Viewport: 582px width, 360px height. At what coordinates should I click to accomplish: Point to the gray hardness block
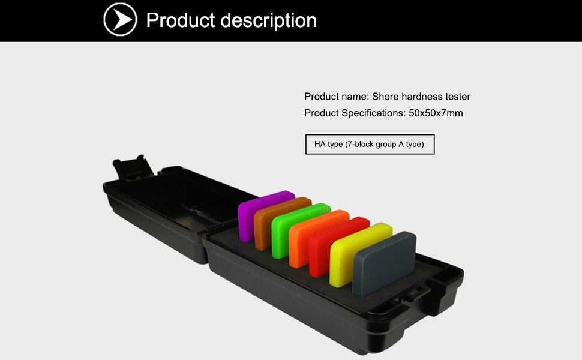[384, 263]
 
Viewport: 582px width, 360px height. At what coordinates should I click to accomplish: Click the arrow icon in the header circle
[122, 20]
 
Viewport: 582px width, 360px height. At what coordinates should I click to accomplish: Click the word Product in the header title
[181, 20]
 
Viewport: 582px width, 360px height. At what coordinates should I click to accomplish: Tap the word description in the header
[269, 20]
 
